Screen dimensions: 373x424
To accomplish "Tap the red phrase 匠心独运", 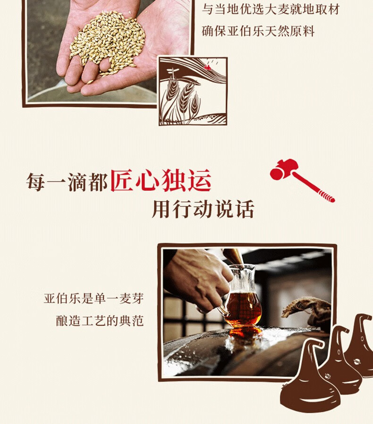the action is [161, 180].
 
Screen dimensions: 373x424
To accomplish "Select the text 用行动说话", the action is [203, 209].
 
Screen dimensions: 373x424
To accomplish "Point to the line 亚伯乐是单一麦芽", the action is [93, 298].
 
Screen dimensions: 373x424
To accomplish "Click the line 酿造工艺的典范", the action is [100, 321].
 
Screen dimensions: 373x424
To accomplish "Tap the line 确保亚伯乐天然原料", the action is [258, 31].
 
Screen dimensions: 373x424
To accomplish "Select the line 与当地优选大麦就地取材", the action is [271, 9].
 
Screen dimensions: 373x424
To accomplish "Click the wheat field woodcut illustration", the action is [193, 91].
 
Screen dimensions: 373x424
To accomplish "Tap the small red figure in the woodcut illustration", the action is [207, 67].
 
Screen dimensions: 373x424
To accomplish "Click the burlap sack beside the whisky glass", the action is [307, 311].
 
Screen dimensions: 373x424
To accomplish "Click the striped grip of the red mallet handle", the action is [327, 196].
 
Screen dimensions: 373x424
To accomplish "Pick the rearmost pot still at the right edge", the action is [360, 346].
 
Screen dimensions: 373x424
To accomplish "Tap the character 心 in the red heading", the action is [147, 180].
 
